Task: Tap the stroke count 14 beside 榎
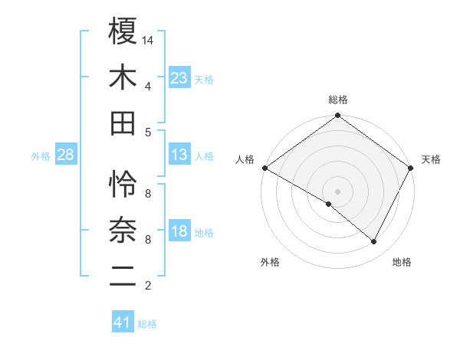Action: click(x=149, y=39)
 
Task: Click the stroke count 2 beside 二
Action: click(x=147, y=286)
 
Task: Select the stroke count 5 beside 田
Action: click(x=147, y=132)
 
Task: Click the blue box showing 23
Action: click(x=179, y=78)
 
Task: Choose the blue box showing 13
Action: click(x=179, y=155)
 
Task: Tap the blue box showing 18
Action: click(x=179, y=231)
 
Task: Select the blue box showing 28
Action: click(x=66, y=155)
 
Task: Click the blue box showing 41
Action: click(x=123, y=322)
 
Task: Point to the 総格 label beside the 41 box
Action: click(x=147, y=324)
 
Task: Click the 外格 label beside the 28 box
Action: click(x=41, y=156)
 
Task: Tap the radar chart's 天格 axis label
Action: click(x=431, y=159)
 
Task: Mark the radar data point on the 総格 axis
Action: click(x=337, y=116)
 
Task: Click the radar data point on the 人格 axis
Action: click(x=264, y=168)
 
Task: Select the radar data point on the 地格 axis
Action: click(x=374, y=242)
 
